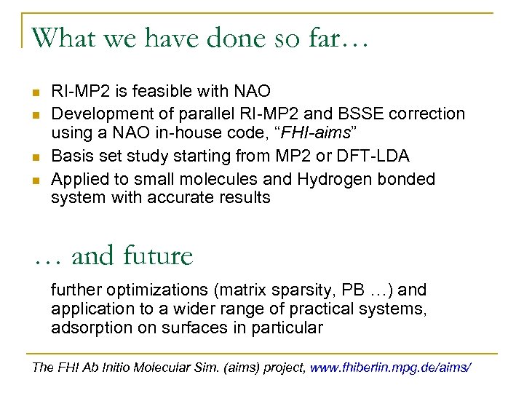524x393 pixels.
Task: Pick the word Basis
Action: [x=70, y=156]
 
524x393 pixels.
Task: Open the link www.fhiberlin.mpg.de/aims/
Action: [x=391, y=368]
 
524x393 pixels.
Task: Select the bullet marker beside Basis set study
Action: [x=35, y=156]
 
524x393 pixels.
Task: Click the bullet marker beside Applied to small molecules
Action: [x=35, y=179]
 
